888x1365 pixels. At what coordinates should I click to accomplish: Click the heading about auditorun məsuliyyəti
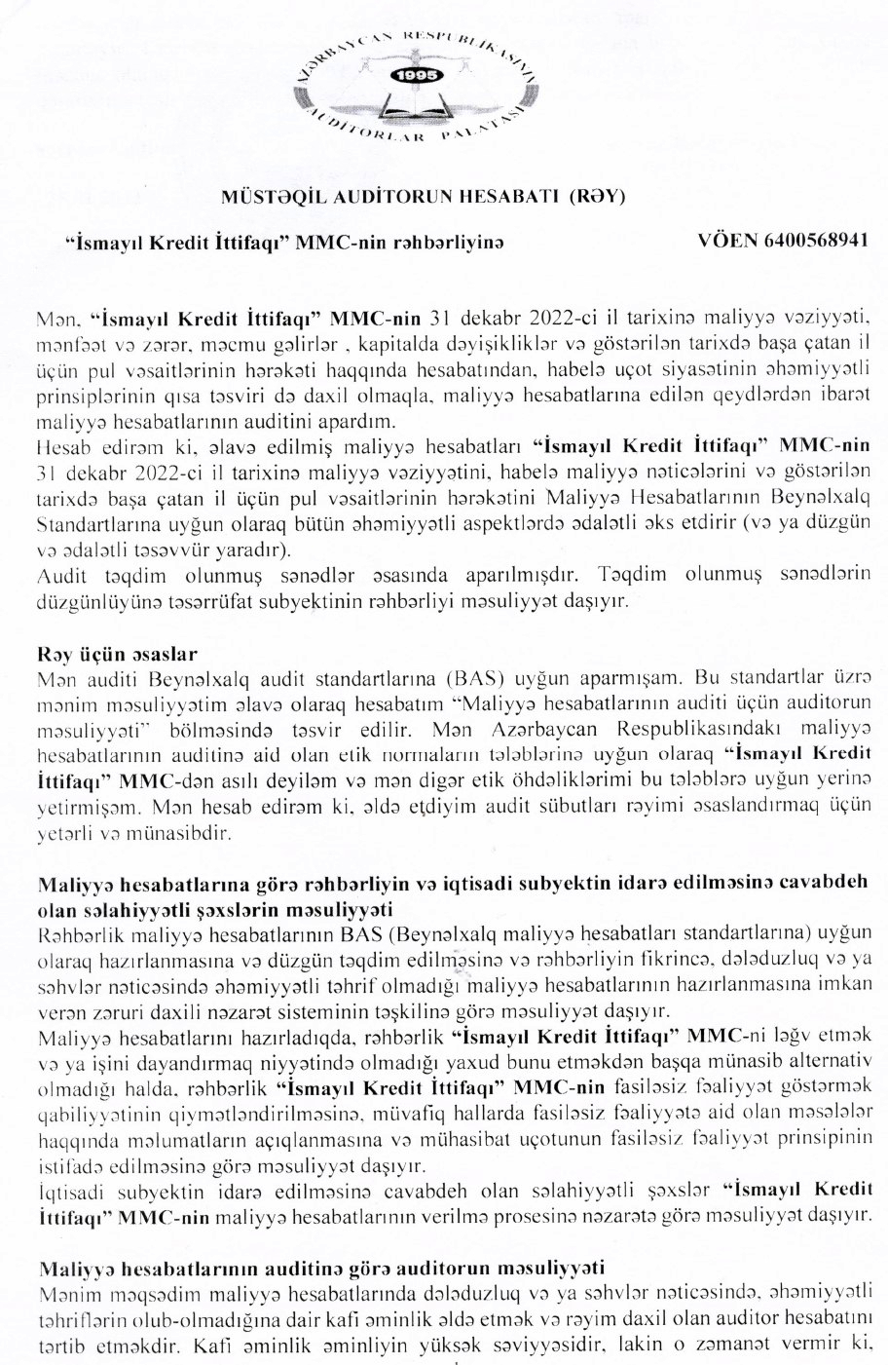coord(321,1268)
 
